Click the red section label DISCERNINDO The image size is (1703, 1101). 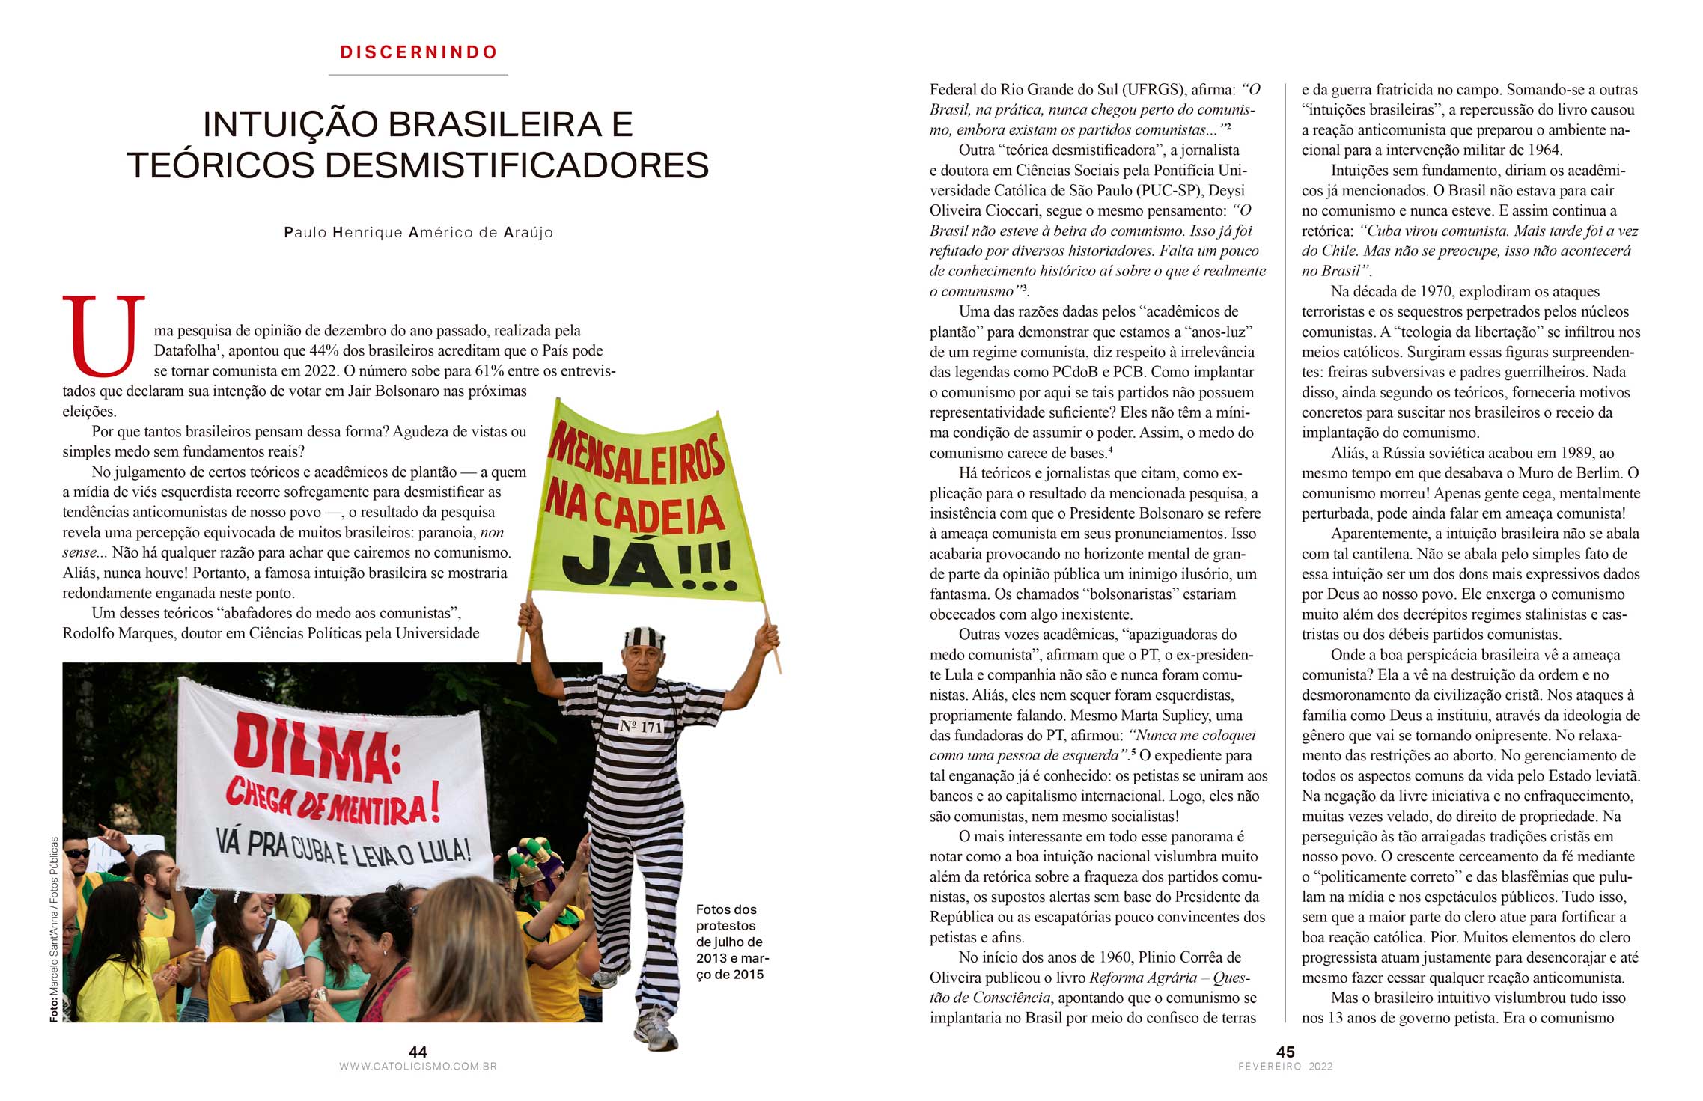418,52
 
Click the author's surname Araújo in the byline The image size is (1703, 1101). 528,233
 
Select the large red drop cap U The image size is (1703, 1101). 103,336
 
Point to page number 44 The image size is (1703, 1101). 418,1052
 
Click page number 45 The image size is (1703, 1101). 1285,1052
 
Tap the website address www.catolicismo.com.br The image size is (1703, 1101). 418,1067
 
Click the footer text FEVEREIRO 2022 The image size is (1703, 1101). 1285,1067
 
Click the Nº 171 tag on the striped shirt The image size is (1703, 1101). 641,725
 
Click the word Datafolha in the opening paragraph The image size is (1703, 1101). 184,351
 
